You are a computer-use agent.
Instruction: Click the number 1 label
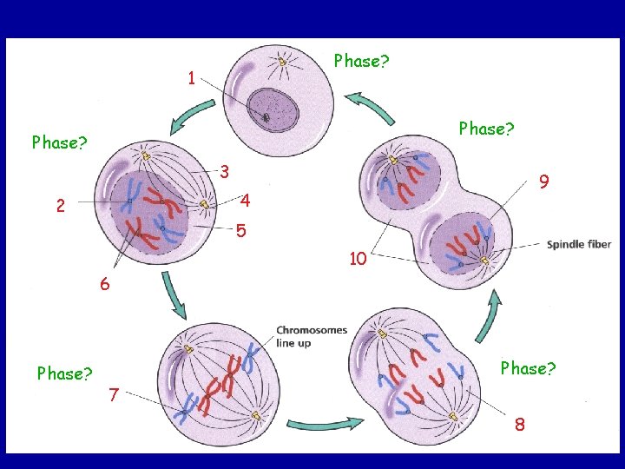pyautogui.click(x=190, y=78)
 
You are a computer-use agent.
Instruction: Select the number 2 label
pyautogui.click(x=60, y=207)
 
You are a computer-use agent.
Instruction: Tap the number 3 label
pyautogui.click(x=224, y=171)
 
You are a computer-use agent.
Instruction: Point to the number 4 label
pyautogui.click(x=246, y=201)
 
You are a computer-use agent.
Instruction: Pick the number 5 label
pyautogui.click(x=241, y=231)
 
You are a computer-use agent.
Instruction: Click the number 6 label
pyautogui.click(x=104, y=283)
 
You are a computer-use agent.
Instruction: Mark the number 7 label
pyautogui.click(x=115, y=396)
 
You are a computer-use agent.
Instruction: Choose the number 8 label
pyautogui.click(x=519, y=425)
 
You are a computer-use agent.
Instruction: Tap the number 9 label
pyautogui.click(x=543, y=182)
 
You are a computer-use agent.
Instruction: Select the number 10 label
pyautogui.click(x=357, y=258)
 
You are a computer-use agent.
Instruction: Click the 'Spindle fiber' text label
pyautogui.click(x=579, y=244)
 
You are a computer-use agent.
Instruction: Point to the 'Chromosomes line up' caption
pyautogui.click(x=312, y=336)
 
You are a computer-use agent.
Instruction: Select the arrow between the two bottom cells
pyautogui.click(x=325, y=425)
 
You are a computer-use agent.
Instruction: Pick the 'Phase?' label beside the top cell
pyautogui.click(x=362, y=62)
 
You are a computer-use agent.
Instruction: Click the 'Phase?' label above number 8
pyautogui.click(x=528, y=368)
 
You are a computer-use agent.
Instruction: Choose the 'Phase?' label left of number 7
pyautogui.click(x=65, y=373)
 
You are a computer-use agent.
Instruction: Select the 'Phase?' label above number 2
pyautogui.click(x=59, y=142)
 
